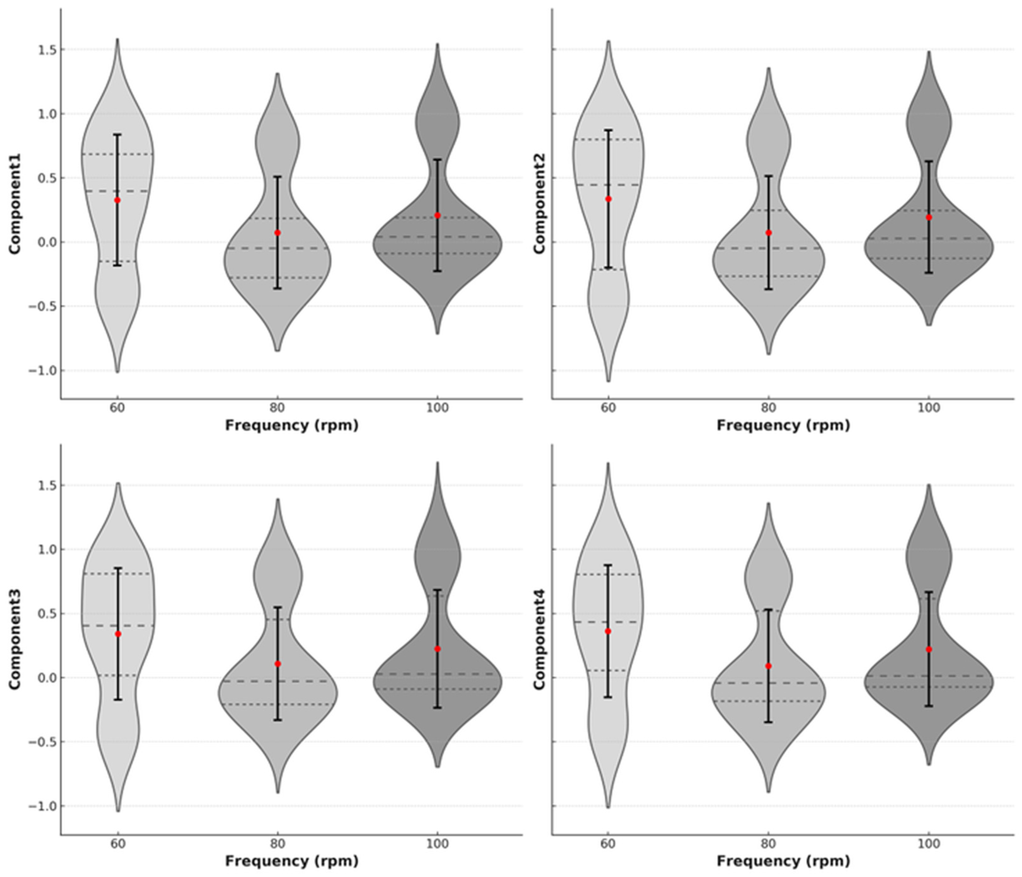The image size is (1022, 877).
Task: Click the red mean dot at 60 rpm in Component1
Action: coord(118,200)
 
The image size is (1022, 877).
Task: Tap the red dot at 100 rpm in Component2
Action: coord(929,217)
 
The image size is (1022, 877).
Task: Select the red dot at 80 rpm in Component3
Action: coord(278,664)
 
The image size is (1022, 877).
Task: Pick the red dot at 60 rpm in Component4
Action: coord(608,631)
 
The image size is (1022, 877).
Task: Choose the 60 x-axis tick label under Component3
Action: coord(118,844)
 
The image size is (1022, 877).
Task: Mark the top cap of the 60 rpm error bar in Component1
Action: coord(118,135)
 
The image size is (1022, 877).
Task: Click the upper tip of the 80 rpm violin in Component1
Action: coord(277,74)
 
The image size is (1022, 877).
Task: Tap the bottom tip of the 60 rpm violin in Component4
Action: coord(608,807)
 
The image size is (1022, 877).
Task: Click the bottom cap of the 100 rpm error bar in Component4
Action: coord(929,706)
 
